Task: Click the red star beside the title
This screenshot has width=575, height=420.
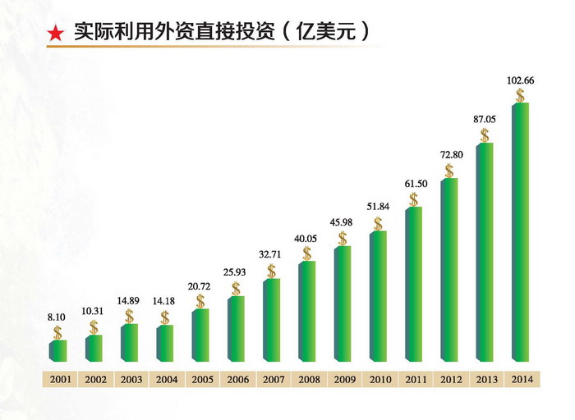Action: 55,33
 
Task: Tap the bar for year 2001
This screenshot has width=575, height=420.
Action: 57,350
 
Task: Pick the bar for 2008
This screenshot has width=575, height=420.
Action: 306,311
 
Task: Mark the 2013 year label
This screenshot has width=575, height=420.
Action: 485,379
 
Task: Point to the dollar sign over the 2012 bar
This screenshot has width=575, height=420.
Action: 449,171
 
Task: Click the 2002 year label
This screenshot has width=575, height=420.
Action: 93,379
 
